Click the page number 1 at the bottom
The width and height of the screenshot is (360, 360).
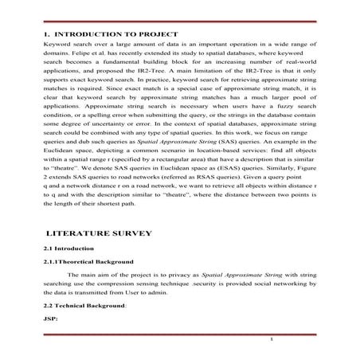click(272, 340)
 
